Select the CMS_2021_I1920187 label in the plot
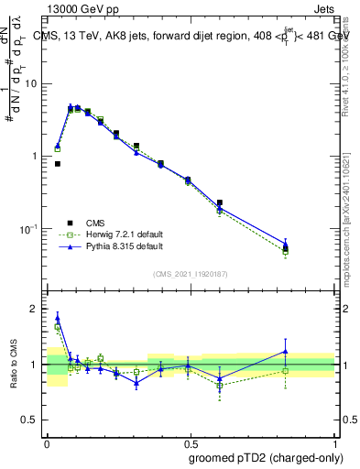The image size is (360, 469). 191,274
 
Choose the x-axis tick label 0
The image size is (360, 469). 47,442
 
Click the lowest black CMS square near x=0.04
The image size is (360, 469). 58,164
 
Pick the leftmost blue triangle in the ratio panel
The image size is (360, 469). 58,317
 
